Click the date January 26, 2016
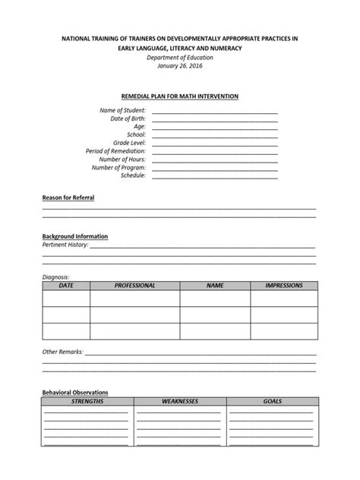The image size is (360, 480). point(180,66)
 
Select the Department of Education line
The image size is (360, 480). point(180,58)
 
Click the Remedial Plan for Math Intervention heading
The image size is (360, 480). point(180,96)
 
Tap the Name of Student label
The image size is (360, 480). point(123,111)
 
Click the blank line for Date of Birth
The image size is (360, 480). point(215,119)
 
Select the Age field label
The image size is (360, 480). point(139,127)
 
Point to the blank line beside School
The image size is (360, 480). point(215,135)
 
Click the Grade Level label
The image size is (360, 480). point(130,143)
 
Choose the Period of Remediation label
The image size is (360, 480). point(116,151)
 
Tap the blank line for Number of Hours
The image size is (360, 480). point(215,159)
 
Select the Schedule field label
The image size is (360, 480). point(134,175)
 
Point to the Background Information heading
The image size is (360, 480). point(74,236)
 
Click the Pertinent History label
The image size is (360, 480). point(65,245)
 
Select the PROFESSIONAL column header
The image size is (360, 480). point(134,286)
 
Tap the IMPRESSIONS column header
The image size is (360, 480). point(283,286)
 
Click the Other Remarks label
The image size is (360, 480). point(62,352)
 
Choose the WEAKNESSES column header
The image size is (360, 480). point(180,400)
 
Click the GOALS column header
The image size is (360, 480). point(272,400)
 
